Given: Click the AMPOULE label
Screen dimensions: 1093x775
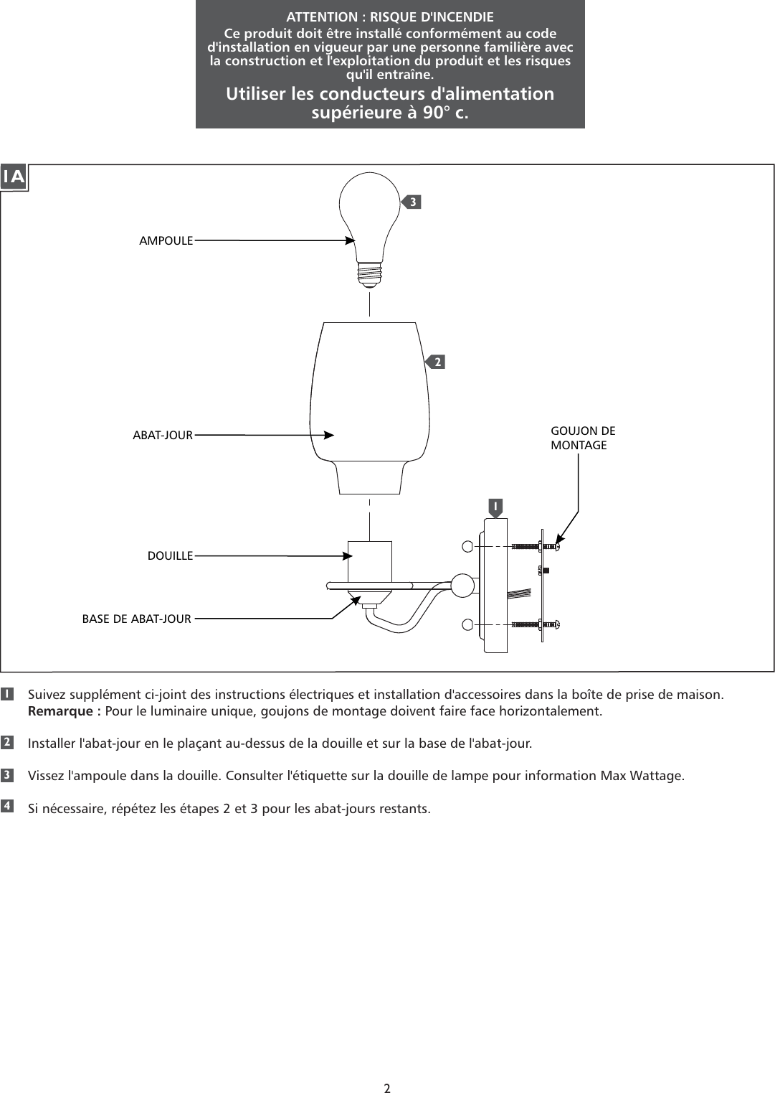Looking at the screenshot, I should pyautogui.click(x=166, y=241).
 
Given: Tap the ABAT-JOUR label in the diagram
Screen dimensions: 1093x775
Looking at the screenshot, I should pyautogui.click(x=163, y=435).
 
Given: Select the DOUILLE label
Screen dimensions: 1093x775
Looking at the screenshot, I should pyautogui.click(x=170, y=555).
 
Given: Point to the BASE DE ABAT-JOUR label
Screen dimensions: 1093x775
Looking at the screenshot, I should pyautogui.click(x=137, y=619).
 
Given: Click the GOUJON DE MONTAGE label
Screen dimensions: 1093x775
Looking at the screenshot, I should pyautogui.click(x=582, y=438).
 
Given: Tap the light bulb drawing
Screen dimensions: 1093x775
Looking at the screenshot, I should pyautogui.click(x=369, y=215).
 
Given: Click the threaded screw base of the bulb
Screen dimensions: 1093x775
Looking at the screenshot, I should pyautogui.click(x=369, y=273).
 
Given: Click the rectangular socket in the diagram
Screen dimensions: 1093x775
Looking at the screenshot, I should pyautogui.click(x=369, y=563).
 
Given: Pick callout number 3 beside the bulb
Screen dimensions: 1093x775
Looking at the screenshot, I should pyautogui.click(x=412, y=202).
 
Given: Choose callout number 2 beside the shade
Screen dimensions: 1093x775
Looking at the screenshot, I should pyautogui.click(x=437, y=362).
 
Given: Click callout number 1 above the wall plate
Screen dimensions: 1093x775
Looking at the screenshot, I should pyautogui.click(x=494, y=507).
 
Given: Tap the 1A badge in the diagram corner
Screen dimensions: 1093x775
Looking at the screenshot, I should pyautogui.click(x=14, y=177).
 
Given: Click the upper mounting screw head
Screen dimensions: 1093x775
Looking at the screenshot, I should pyautogui.click(x=555, y=546).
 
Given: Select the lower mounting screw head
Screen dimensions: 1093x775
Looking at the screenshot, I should pyautogui.click(x=555, y=624).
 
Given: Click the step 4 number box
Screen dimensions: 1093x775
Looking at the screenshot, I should pyautogui.click(x=6, y=806).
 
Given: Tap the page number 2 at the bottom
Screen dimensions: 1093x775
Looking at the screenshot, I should pyautogui.click(x=387, y=1088).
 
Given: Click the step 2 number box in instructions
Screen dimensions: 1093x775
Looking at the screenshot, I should pyautogui.click(x=6, y=741).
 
